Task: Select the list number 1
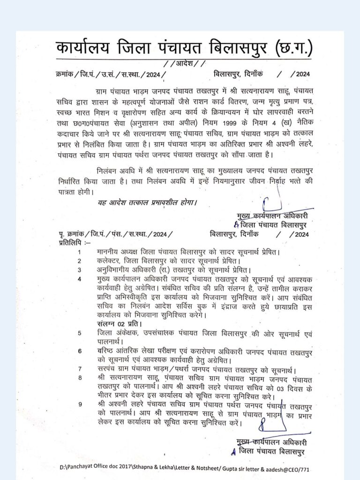80,252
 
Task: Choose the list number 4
80,279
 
